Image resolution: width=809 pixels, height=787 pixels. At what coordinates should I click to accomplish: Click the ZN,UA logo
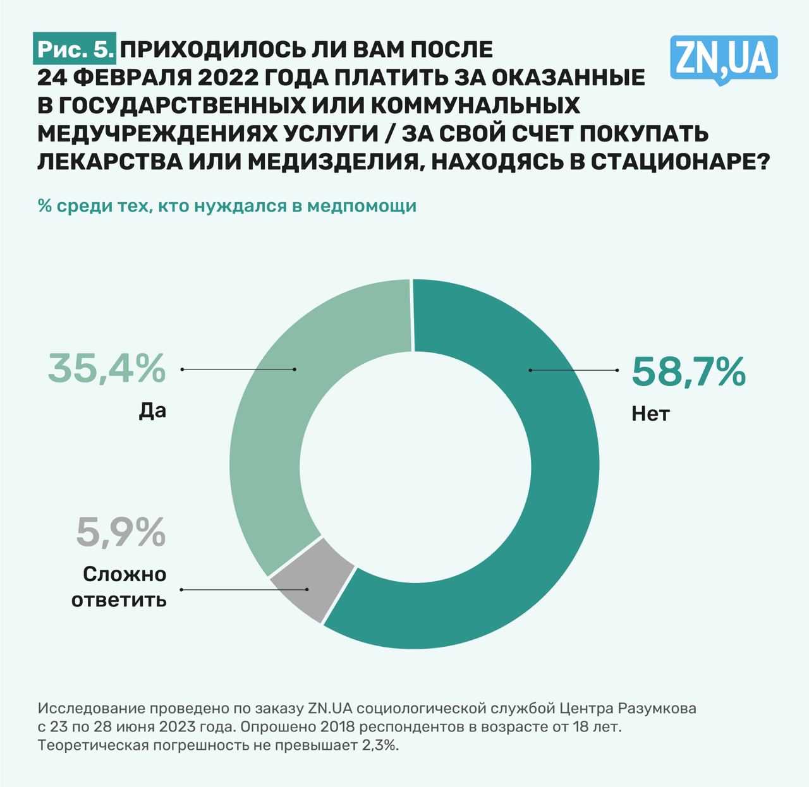[x=723, y=59]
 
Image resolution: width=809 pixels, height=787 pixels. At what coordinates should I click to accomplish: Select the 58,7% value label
[x=688, y=372]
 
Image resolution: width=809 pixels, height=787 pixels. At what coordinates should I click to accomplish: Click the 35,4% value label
[x=107, y=369]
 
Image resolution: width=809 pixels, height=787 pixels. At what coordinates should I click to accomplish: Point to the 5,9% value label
[x=121, y=532]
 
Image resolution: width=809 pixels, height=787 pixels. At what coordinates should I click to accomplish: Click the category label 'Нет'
[x=650, y=414]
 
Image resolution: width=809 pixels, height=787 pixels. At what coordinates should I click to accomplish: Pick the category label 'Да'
[x=152, y=411]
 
